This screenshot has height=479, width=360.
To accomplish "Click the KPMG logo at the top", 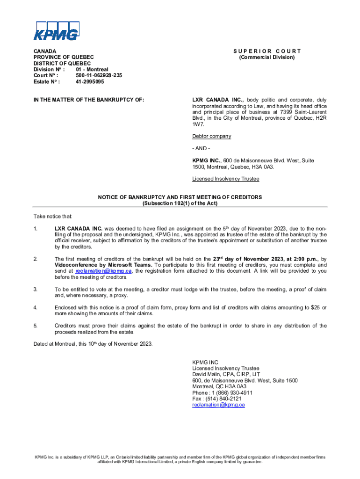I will pyautogui.click(x=55, y=31).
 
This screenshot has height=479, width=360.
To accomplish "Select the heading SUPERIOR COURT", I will pyautogui.click(x=266, y=51).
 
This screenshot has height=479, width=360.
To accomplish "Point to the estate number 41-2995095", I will pyautogui.click(x=90, y=81).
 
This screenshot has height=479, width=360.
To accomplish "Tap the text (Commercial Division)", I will pyautogui.click(x=266, y=57).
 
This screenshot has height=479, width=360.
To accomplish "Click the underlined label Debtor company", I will pyautogui.click(x=211, y=136).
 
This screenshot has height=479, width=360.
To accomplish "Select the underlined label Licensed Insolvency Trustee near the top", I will pyautogui.click(x=226, y=179).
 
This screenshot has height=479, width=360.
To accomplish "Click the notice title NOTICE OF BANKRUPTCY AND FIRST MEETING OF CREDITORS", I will pyautogui.click(x=180, y=197).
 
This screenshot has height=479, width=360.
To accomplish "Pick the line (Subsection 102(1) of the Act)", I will pyautogui.click(x=180, y=203).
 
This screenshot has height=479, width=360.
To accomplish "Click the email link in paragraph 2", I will pyautogui.click(x=103, y=271).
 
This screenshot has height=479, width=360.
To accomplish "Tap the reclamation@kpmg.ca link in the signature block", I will pyautogui.click(x=218, y=405).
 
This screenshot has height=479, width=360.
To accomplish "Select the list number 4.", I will pyautogui.click(x=35, y=307).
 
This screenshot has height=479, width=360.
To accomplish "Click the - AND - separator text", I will pyautogui.click(x=202, y=148).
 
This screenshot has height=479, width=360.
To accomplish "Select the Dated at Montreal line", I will pyautogui.click(x=93, y=344).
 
